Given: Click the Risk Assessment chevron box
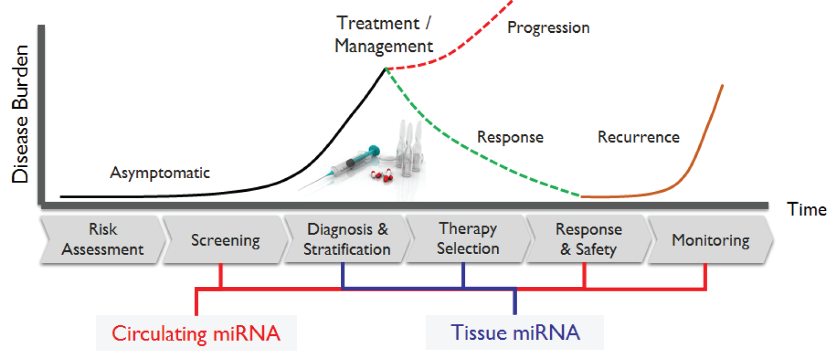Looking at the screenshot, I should click(102, 239).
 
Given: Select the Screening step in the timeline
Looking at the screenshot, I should click(225, 240).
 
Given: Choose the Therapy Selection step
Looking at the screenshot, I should click(468, 239).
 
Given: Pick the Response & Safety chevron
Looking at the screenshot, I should click(588, 240).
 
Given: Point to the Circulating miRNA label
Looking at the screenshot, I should click(196, 333).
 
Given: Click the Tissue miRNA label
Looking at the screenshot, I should click(515, 332).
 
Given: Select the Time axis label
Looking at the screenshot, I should click(807, 209).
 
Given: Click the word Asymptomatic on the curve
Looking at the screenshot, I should click(159, 173).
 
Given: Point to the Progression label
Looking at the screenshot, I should click(548, 28).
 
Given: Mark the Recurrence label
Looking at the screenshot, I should click(638, 137).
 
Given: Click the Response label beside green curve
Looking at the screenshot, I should click(510, 137).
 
